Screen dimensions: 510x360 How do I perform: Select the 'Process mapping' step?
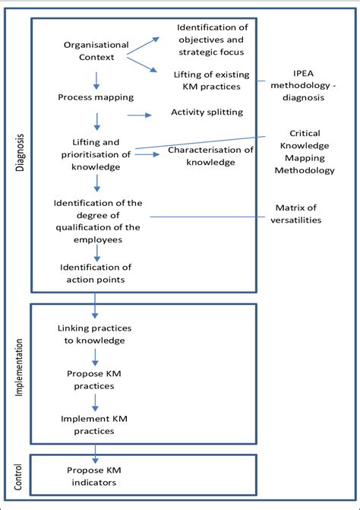(x=96, y=97)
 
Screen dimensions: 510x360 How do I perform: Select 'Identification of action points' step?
(x=96, y=273)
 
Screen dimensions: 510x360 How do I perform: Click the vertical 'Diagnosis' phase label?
(x=21, y=152)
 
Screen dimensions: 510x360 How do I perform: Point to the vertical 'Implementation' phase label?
(x=21, y=373)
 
